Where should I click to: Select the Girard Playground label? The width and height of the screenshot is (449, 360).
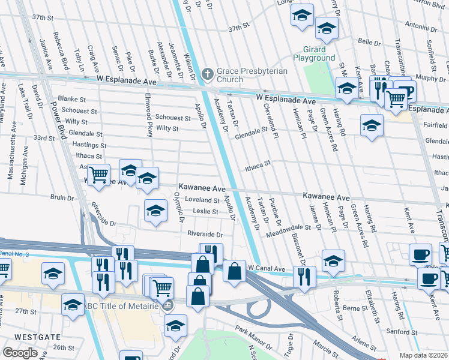coord(313,53)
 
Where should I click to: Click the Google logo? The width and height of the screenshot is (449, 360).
coord(20,353)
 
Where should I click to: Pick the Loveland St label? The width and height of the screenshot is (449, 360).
coord(202,200)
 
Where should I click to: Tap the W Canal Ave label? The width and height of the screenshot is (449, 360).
coord(265,268)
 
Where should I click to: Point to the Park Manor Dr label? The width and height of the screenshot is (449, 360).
coord(254,338)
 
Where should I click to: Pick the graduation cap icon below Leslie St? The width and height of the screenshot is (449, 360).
coord(156,211)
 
